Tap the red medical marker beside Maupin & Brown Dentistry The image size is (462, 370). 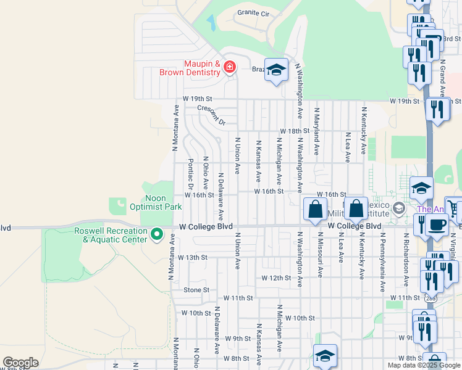(x=230, y=67)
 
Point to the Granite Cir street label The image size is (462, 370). (x=254, y=13)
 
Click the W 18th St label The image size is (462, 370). (x=294, y=131)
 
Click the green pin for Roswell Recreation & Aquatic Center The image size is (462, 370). (x=157, y=234)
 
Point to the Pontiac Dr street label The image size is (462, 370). (x=191, y=175)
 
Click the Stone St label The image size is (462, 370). (x=196, y=290)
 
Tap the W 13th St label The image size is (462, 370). (x=193, y=257)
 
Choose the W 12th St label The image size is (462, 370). (x=275, y=278)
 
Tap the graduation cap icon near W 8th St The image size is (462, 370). (x=325, y=355)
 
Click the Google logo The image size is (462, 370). (x=20, y=363)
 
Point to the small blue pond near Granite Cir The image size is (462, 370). (x=212, y=23)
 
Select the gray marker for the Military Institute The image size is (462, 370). (x=398, y=208)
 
